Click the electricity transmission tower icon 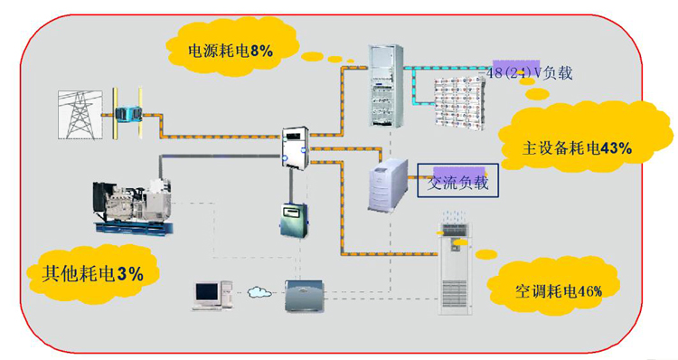coord(80,113)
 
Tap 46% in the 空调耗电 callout coord(586,289)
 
